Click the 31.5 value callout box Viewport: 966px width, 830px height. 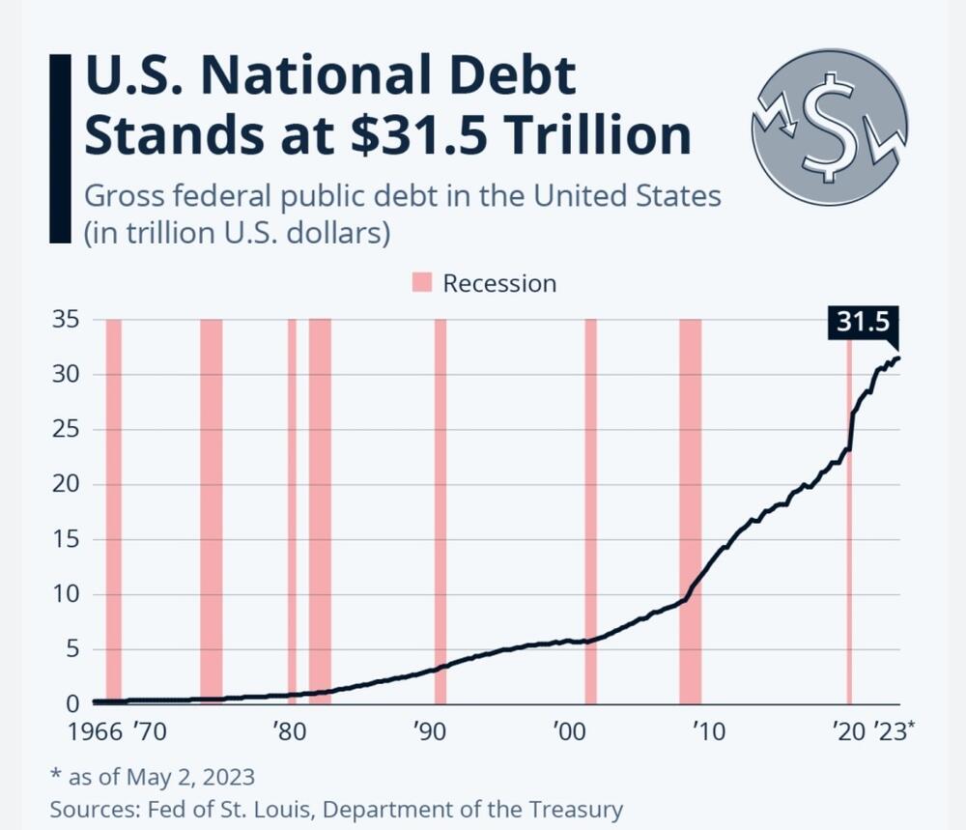coord(863,323)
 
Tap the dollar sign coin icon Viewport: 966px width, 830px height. coord(829,128)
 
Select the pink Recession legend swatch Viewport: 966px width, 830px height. coord(422,283)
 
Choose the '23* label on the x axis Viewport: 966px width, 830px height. coord(893,731)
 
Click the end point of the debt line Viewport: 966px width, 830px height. coord(898,358)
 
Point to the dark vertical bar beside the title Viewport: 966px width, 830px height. coord(59,148)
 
